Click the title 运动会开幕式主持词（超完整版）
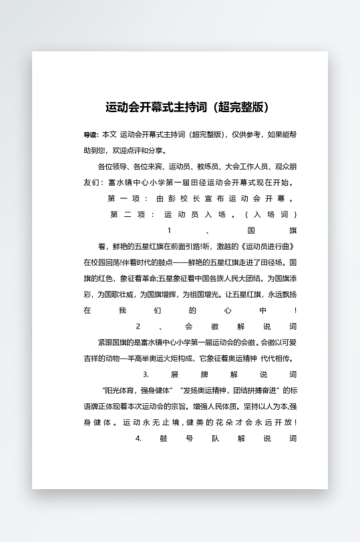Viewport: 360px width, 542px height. coord(187,107)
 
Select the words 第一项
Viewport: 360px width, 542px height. coord(122,198)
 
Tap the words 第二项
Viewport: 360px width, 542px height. coord(125,214)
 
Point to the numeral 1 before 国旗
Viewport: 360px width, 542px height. coord(170,230)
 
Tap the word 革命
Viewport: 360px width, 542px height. coord(147,278)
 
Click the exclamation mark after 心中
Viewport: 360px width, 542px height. coord(295,310)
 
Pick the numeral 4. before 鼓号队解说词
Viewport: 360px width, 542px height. coord(138,439)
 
